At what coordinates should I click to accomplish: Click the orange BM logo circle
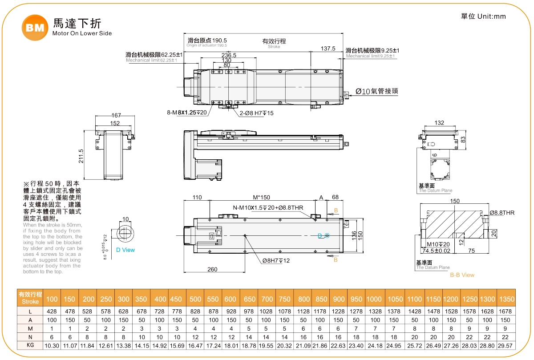click(34, 28)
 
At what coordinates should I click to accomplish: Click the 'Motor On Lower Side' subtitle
click(82, 33)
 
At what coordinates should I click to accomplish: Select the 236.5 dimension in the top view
click(229, 55)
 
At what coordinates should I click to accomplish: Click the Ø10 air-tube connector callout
click(376, 91)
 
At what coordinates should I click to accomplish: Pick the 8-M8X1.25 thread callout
click(187, 113)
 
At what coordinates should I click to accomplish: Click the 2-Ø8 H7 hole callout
click(257, 113)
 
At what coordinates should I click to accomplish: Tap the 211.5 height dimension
click(81, 156)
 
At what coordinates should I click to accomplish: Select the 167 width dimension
click(116, 116)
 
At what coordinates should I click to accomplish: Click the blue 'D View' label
click(125, 250)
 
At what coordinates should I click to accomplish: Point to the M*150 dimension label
click(261, 198)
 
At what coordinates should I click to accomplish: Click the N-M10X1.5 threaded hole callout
click(267, 208)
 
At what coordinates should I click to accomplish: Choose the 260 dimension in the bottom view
click(212, 269)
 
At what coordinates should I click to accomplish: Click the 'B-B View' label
click(462, 275)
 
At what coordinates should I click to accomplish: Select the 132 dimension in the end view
click(439, 123)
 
